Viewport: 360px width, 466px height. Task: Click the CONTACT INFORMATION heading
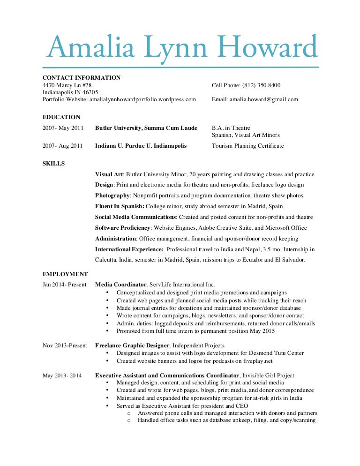coord(82,78)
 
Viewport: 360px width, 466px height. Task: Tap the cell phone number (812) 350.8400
coord(262,85)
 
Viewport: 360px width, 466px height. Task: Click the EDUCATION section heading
coord(61,117)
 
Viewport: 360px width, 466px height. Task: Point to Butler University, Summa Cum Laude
coord(146,128)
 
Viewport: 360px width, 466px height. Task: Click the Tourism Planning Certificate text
coord(247,146)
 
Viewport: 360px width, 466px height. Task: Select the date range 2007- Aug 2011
coord(63,146)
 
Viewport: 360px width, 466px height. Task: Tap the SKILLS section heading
coord(54,164)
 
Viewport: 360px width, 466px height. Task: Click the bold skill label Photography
coord(112,195)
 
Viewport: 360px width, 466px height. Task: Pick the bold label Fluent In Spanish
coord(120,206)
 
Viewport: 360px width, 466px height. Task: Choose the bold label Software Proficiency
coord(122,228)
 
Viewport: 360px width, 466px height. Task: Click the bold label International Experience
coord(129,249)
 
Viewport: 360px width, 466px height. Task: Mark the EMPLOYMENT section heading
coord(65,274)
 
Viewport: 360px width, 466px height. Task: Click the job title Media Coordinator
coord(121,285)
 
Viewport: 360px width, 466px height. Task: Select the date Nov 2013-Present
coord(65,346)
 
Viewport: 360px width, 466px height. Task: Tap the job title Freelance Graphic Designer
coord(132,346)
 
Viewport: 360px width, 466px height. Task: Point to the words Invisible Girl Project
coord(267,376)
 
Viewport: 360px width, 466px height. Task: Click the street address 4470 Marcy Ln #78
coord(67,85)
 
